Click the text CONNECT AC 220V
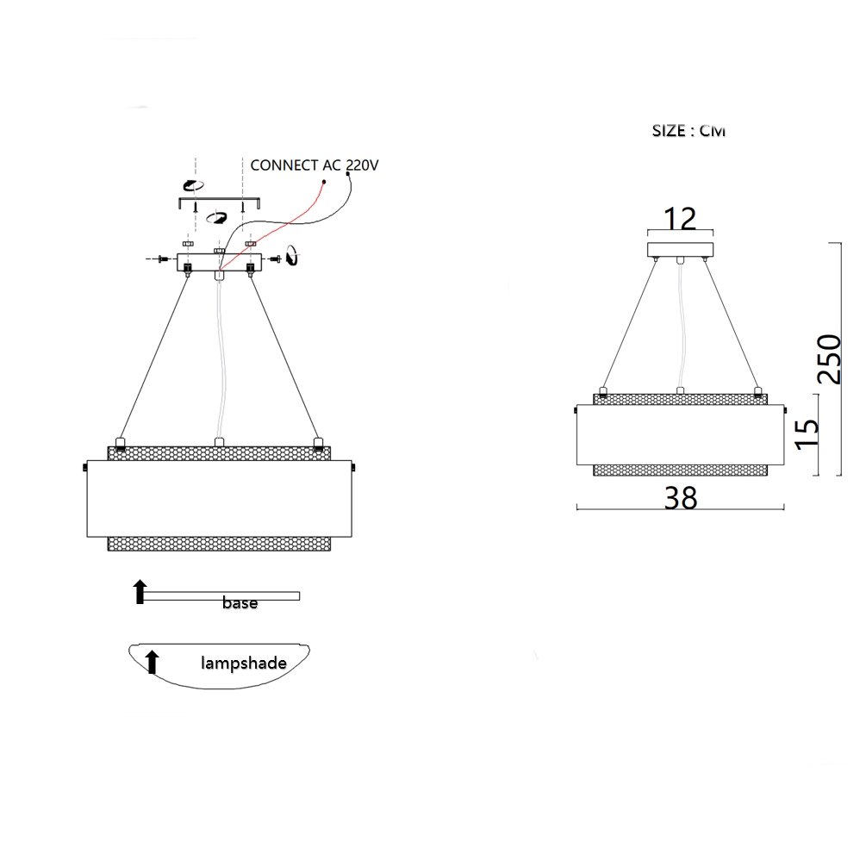coord(315,165)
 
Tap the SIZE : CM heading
coord(688,131)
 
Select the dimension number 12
coord(680,219)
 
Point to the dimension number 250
coord(829,359)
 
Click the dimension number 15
coord(807,434)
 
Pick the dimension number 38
coord(681,498)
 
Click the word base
coord(240,602)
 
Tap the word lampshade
coord(244,663)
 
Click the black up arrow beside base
coord(140,591)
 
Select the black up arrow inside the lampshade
coord(152,662)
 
